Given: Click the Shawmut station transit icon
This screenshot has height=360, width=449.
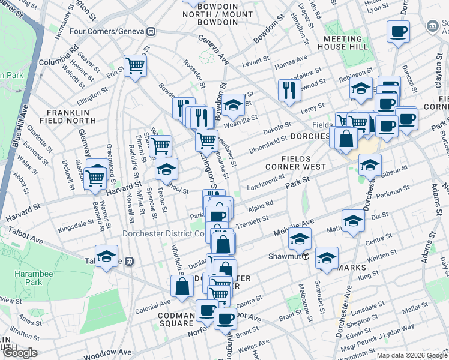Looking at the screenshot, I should click(305, 256).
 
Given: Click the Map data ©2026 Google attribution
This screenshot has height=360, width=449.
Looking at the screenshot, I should click(411, 355).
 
